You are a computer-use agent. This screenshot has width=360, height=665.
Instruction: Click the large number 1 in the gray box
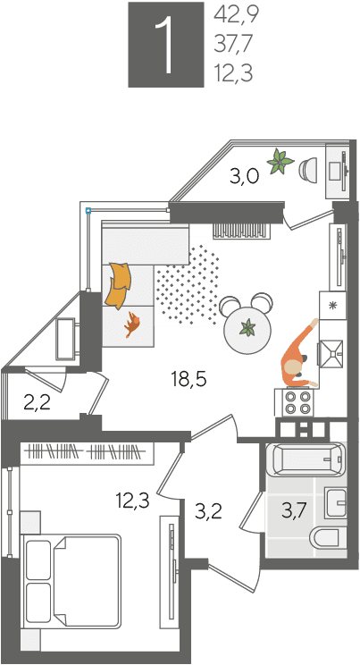tap(166, 46)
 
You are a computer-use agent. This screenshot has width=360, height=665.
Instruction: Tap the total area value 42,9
tap(236, 15)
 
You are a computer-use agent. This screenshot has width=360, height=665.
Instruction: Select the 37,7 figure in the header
tap(234, 44)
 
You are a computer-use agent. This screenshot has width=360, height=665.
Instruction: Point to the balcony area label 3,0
tap(244, 177)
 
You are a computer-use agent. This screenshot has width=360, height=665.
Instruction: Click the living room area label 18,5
tap(188, 379)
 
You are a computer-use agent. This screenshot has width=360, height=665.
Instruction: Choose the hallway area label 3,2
tap(209, 512)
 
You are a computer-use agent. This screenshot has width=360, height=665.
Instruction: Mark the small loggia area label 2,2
tap(38, 402)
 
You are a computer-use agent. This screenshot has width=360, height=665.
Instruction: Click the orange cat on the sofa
tap(132, 324)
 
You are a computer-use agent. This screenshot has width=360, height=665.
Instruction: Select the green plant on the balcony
tap(280, 161)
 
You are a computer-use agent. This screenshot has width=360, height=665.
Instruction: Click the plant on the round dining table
tap(247, 328)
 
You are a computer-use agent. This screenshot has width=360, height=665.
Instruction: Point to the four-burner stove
tap(297, 402)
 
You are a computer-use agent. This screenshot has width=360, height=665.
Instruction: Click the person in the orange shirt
tap(299, 358)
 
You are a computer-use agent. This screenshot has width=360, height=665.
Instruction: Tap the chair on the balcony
tap(308, 170)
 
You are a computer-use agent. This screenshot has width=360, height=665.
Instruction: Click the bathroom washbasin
tap(336, 502)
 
